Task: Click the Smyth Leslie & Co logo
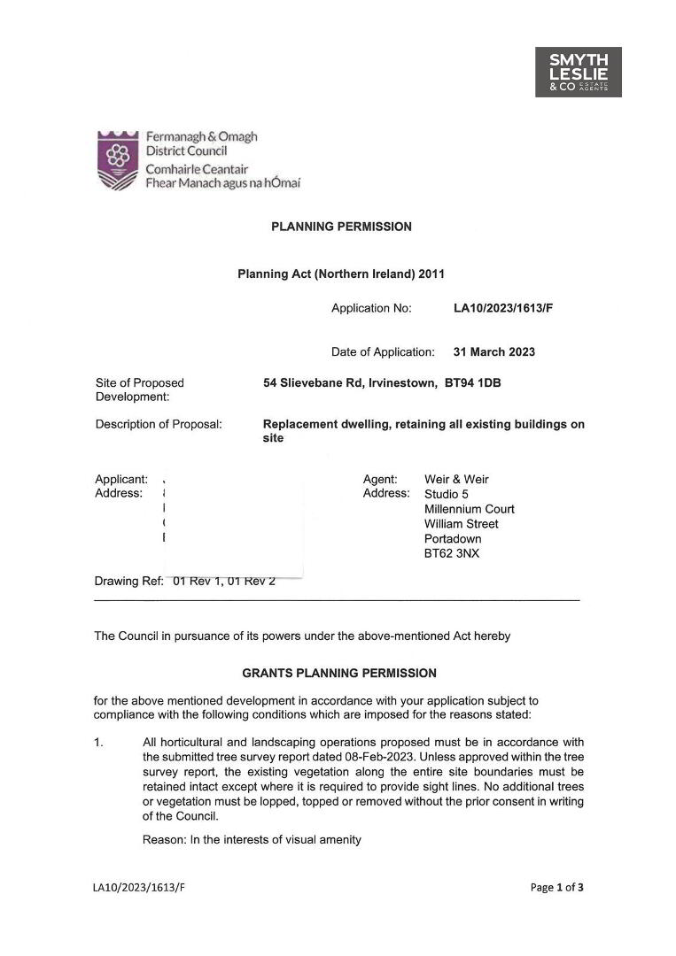click(578, 72)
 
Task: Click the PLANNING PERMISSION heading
click(341, 227)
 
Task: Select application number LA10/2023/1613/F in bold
click(503, 308)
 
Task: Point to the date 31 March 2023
click(493, 351)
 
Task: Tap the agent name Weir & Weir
click(456, 479)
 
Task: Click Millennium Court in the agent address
click(469, 509)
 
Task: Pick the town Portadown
click(453, 539)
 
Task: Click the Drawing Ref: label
click(128, 582)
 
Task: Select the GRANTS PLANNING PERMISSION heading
click(339, 673)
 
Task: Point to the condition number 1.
click(97, 742)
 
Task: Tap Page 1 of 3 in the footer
click(556, 887)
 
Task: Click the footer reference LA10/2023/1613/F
click(138, 887)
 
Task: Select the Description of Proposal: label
click(159, 424)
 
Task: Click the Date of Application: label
click(383, 351)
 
